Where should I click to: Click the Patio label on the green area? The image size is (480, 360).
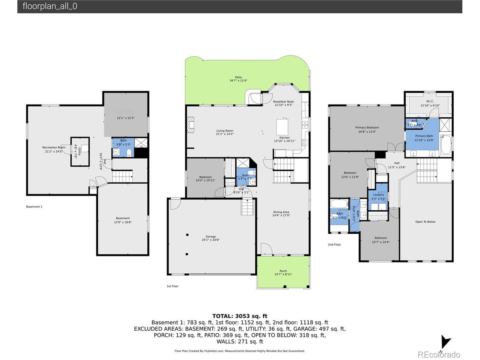pyautogui.click(x=238, y=79)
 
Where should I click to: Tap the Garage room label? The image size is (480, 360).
pyautogui.click(x=210, y=238)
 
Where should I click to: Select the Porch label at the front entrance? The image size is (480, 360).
pyautogui.click(x=283, y=273)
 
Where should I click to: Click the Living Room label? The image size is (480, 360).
pyautogui.click(x=225, y=132)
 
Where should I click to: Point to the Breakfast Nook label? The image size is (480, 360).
pyautogui.click(x=283, y=103)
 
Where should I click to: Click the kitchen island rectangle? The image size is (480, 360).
pyautogui.click(x=282, y=127)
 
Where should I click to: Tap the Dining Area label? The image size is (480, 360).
pyautogui.click(x=281, y=214)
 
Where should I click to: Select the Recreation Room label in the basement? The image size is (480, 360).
pyautogui.click(x=54, y=149)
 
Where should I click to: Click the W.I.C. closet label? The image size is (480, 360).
pyautogui.click(x=430, y=103)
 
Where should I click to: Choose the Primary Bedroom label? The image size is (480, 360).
pyautogui.click(x=367, y=129)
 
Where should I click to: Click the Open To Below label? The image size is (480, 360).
pyautogui.click(x=425, y=222)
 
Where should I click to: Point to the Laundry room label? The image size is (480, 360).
pyautogui.click(x=378, y=196)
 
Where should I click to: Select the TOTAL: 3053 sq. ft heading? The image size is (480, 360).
pyautogui.click(x=240, y=316)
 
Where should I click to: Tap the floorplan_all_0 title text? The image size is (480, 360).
pyautogui.click(x=50, y=6)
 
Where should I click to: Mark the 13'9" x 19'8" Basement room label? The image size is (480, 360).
pyautogui.click(x=123, y=220)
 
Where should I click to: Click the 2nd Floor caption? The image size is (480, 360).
pyautogui.click(x=334, y=244)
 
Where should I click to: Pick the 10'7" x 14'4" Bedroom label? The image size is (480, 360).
pyautogui.click(x=381, y=240)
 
